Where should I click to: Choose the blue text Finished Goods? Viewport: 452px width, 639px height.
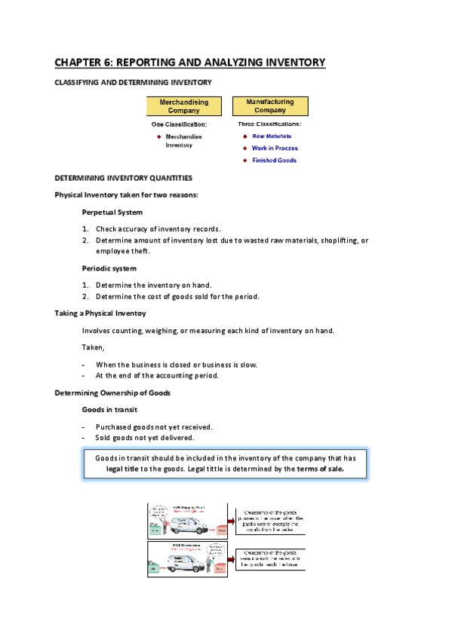pyautogui.click(x=274, y=161)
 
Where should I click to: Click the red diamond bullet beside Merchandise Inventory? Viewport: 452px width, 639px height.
pyautogui.click(x=159, y=136)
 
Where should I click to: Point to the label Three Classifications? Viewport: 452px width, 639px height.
pyautogui.click(x=269, y=124)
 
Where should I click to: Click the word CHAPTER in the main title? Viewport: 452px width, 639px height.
pyautogui.click(x=82, y=63)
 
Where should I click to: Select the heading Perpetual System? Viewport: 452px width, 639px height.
pyautogui.click(x=112, y=212)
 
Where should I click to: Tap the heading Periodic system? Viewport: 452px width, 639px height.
pyautogui.click(x=109, y=268)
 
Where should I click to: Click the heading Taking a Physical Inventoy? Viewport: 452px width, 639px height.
pyautogui.click(x=100, y=313)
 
